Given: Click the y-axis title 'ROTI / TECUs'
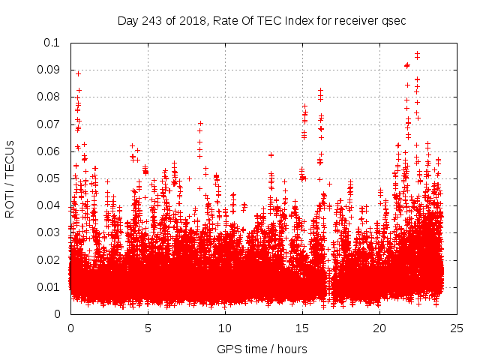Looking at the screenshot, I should tap(10, 178).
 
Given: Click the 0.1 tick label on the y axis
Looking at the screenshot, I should tap(53, 43).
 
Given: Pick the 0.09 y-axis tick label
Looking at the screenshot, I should tap(50, 70).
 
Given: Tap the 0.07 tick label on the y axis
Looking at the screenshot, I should tap(50, 124).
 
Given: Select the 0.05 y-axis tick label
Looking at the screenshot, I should tap(50, 178).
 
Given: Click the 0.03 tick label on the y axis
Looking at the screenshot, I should tap(50, 232).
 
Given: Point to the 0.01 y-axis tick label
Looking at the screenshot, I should tap(50, 287).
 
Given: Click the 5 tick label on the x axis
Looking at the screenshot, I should tap(148, 328).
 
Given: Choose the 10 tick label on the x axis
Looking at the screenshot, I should tap(225, 328).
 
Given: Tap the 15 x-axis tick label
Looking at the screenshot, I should tap(302, 328).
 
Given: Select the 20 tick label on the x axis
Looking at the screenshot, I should tap(379, 328).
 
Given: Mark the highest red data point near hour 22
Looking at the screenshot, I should tap(417, 54).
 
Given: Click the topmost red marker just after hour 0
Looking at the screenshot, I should tap(78, 73).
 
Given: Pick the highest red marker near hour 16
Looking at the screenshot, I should tap(321, 91).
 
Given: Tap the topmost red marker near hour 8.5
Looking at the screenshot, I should tap(200, 123).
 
